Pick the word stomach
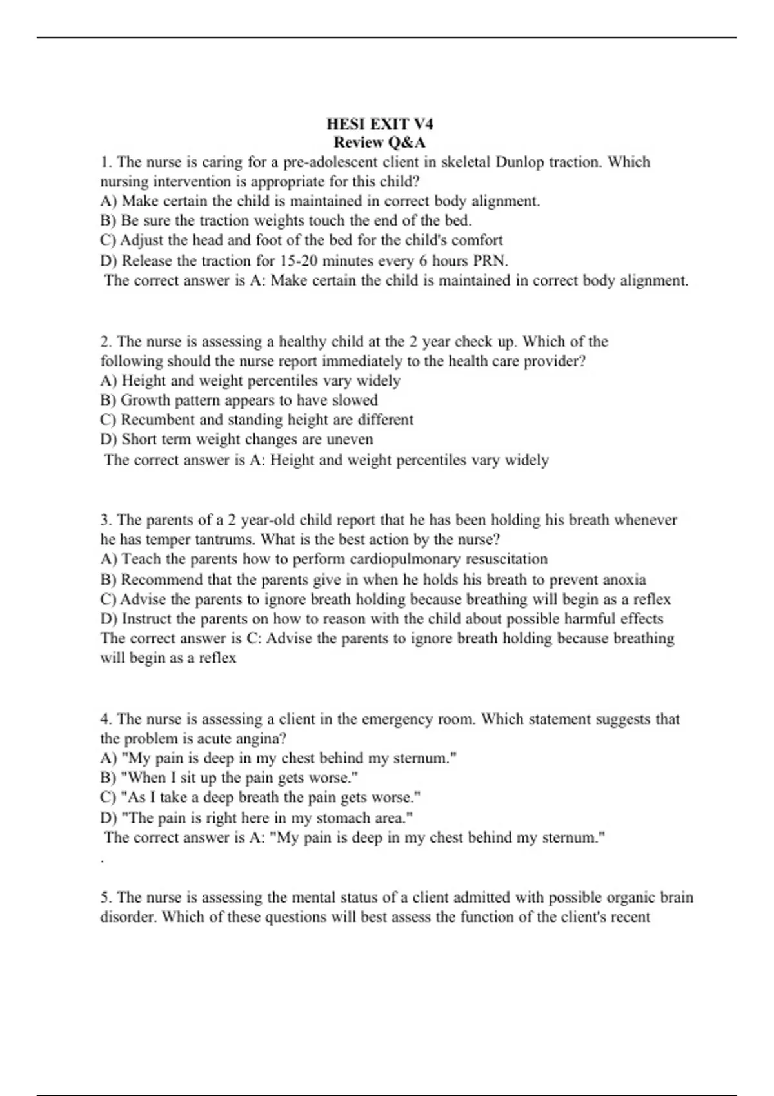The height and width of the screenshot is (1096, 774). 344,818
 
